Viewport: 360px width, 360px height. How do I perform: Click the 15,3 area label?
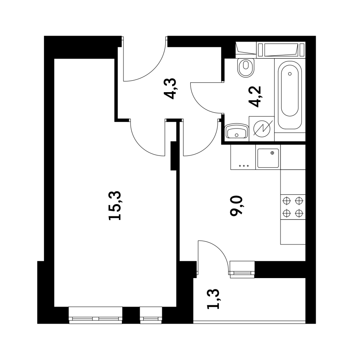(116, 205)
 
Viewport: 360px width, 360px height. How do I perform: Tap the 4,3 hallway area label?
(171, 89)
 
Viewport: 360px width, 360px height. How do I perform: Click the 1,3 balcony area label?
(213, 299)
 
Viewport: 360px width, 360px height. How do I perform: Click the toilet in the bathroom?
(246, 68)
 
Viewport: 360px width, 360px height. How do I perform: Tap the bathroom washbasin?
(237, 132)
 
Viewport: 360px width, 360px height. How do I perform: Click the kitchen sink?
(268, 157)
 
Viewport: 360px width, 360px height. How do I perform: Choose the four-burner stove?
(293, 207)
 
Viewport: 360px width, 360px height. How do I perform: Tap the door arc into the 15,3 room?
(146, 140)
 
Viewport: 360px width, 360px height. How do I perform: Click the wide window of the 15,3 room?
(95, 315)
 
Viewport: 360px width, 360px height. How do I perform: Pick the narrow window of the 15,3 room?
(151, 315)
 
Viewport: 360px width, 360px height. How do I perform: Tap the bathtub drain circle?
(290, 74)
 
